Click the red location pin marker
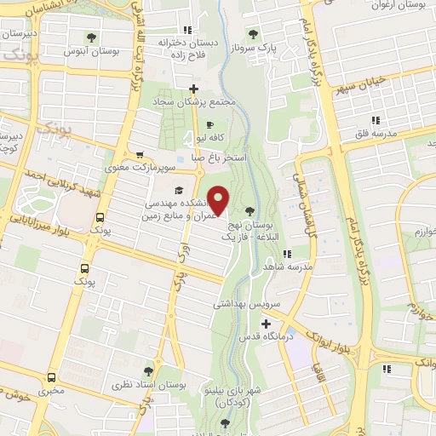219,200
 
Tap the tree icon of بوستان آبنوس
91,37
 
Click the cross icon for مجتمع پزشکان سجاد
194,89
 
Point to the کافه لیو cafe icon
210,125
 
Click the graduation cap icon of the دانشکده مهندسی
179,190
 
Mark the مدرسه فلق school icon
374,120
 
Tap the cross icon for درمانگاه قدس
267,324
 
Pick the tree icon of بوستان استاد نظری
149,371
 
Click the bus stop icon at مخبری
52,377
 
